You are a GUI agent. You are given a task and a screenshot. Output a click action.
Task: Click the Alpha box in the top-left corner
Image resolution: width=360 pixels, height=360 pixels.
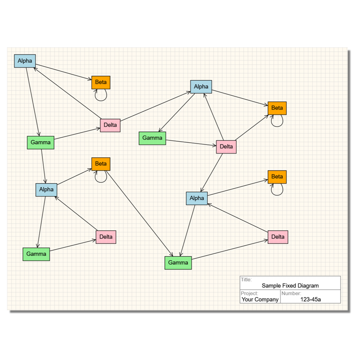pyautogui.click(x=25, y=61)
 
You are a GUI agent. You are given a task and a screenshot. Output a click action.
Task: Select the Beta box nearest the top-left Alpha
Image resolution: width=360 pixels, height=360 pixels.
pyautogui.click(x=101, y=82)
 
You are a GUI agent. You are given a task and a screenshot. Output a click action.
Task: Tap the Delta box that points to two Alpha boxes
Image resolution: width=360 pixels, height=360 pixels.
pyautogui.click(x=110, y=125)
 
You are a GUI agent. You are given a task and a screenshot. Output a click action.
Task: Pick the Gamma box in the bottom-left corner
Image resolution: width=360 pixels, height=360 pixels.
pyautogui.click(x=36, y=254)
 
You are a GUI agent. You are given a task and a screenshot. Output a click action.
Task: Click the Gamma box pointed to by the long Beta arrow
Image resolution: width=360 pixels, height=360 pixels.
pyautogui.click(x=178, y=262)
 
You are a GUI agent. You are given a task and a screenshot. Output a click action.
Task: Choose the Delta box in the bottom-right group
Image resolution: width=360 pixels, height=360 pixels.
pyautogui.click(x=278, y=237)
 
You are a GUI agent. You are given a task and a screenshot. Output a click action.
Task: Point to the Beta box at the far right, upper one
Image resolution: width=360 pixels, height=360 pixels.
pyautogui.click(x=277, y=108)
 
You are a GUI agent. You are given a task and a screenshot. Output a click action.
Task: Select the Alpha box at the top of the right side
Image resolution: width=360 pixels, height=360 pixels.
pyautogui.click(x=201, y=86)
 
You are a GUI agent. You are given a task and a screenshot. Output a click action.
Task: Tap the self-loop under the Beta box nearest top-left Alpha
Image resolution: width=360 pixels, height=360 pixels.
pyautogui.click(x=101, y=95)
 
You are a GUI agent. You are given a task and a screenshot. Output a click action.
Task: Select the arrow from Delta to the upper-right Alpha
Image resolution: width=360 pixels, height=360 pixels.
pyautogui.click(x=156, y=106)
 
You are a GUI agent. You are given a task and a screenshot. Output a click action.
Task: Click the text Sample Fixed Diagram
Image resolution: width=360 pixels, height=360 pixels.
pyautogui.click(x=290, y=286)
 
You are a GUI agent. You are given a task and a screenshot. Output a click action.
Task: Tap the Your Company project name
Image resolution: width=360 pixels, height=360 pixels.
pyautogui.click(x=260, y=299)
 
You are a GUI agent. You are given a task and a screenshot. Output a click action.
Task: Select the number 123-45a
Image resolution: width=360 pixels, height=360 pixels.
pyautogui.click(x=314, y=299)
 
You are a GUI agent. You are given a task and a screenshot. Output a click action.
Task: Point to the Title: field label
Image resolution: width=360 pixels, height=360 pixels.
pyautogui.click(x=246, y=279)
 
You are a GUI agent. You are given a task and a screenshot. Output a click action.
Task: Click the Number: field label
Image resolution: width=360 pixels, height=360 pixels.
pyautogui.click(x=291, y=293)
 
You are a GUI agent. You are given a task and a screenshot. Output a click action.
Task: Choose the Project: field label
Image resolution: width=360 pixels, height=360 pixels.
pyautogui.click(x=250, y=293)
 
